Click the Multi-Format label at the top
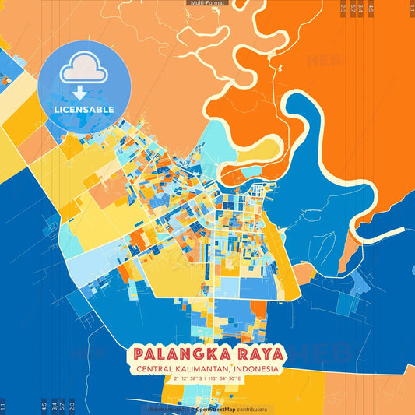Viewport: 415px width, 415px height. pos(207,3)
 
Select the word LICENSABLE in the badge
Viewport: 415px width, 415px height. pos(84,109)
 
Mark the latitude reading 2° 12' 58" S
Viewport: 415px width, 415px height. pos(183,379)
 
